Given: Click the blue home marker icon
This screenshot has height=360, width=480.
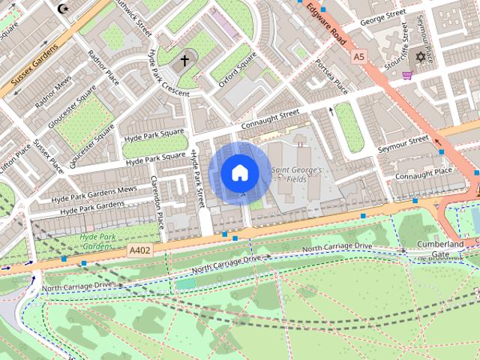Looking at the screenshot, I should pos(239,172).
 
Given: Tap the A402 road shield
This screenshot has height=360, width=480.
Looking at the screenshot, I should pos(139,250).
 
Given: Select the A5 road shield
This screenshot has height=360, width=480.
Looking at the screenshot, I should pos(358,56).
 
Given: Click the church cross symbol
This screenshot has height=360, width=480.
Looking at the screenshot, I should pos(184,61).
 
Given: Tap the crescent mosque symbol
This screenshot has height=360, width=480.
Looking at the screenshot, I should pos(61,9).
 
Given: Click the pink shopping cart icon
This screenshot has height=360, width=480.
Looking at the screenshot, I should pos(407,75).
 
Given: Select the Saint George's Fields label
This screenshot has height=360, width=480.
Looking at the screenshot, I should pos(296,175).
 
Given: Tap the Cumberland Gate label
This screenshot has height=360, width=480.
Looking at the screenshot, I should pos(440,249).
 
